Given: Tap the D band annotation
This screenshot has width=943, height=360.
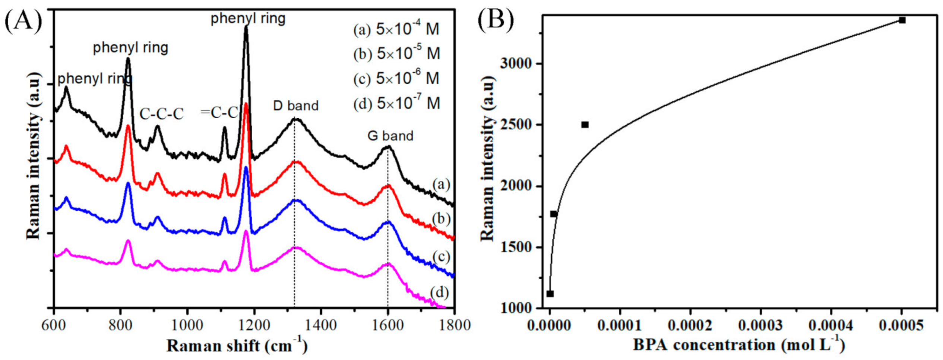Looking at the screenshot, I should point(296,106).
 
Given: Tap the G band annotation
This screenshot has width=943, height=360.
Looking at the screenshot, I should point(390,136).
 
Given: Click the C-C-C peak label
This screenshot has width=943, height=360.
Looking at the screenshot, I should point(162,114).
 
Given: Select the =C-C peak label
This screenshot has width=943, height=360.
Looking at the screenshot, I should point(219,112).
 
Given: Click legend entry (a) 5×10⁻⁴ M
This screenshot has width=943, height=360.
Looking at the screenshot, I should point(396,29).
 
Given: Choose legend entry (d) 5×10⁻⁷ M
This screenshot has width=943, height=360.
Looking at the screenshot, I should point(396,103).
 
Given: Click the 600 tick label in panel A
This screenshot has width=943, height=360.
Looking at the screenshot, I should point(54,325).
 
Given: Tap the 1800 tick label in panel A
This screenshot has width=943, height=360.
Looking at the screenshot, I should point(453,325).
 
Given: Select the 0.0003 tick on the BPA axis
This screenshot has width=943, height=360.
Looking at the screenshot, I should point(760,325).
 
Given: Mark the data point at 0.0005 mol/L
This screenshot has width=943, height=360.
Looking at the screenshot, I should point(902,20).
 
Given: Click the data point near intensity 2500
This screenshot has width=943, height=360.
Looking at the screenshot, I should point(585,124).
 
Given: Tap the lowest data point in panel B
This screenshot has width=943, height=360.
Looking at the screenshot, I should point(550,294).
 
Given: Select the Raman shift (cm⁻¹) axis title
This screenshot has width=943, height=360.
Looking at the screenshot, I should point(237,346).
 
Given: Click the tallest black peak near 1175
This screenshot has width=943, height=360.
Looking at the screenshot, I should point(246,28).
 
